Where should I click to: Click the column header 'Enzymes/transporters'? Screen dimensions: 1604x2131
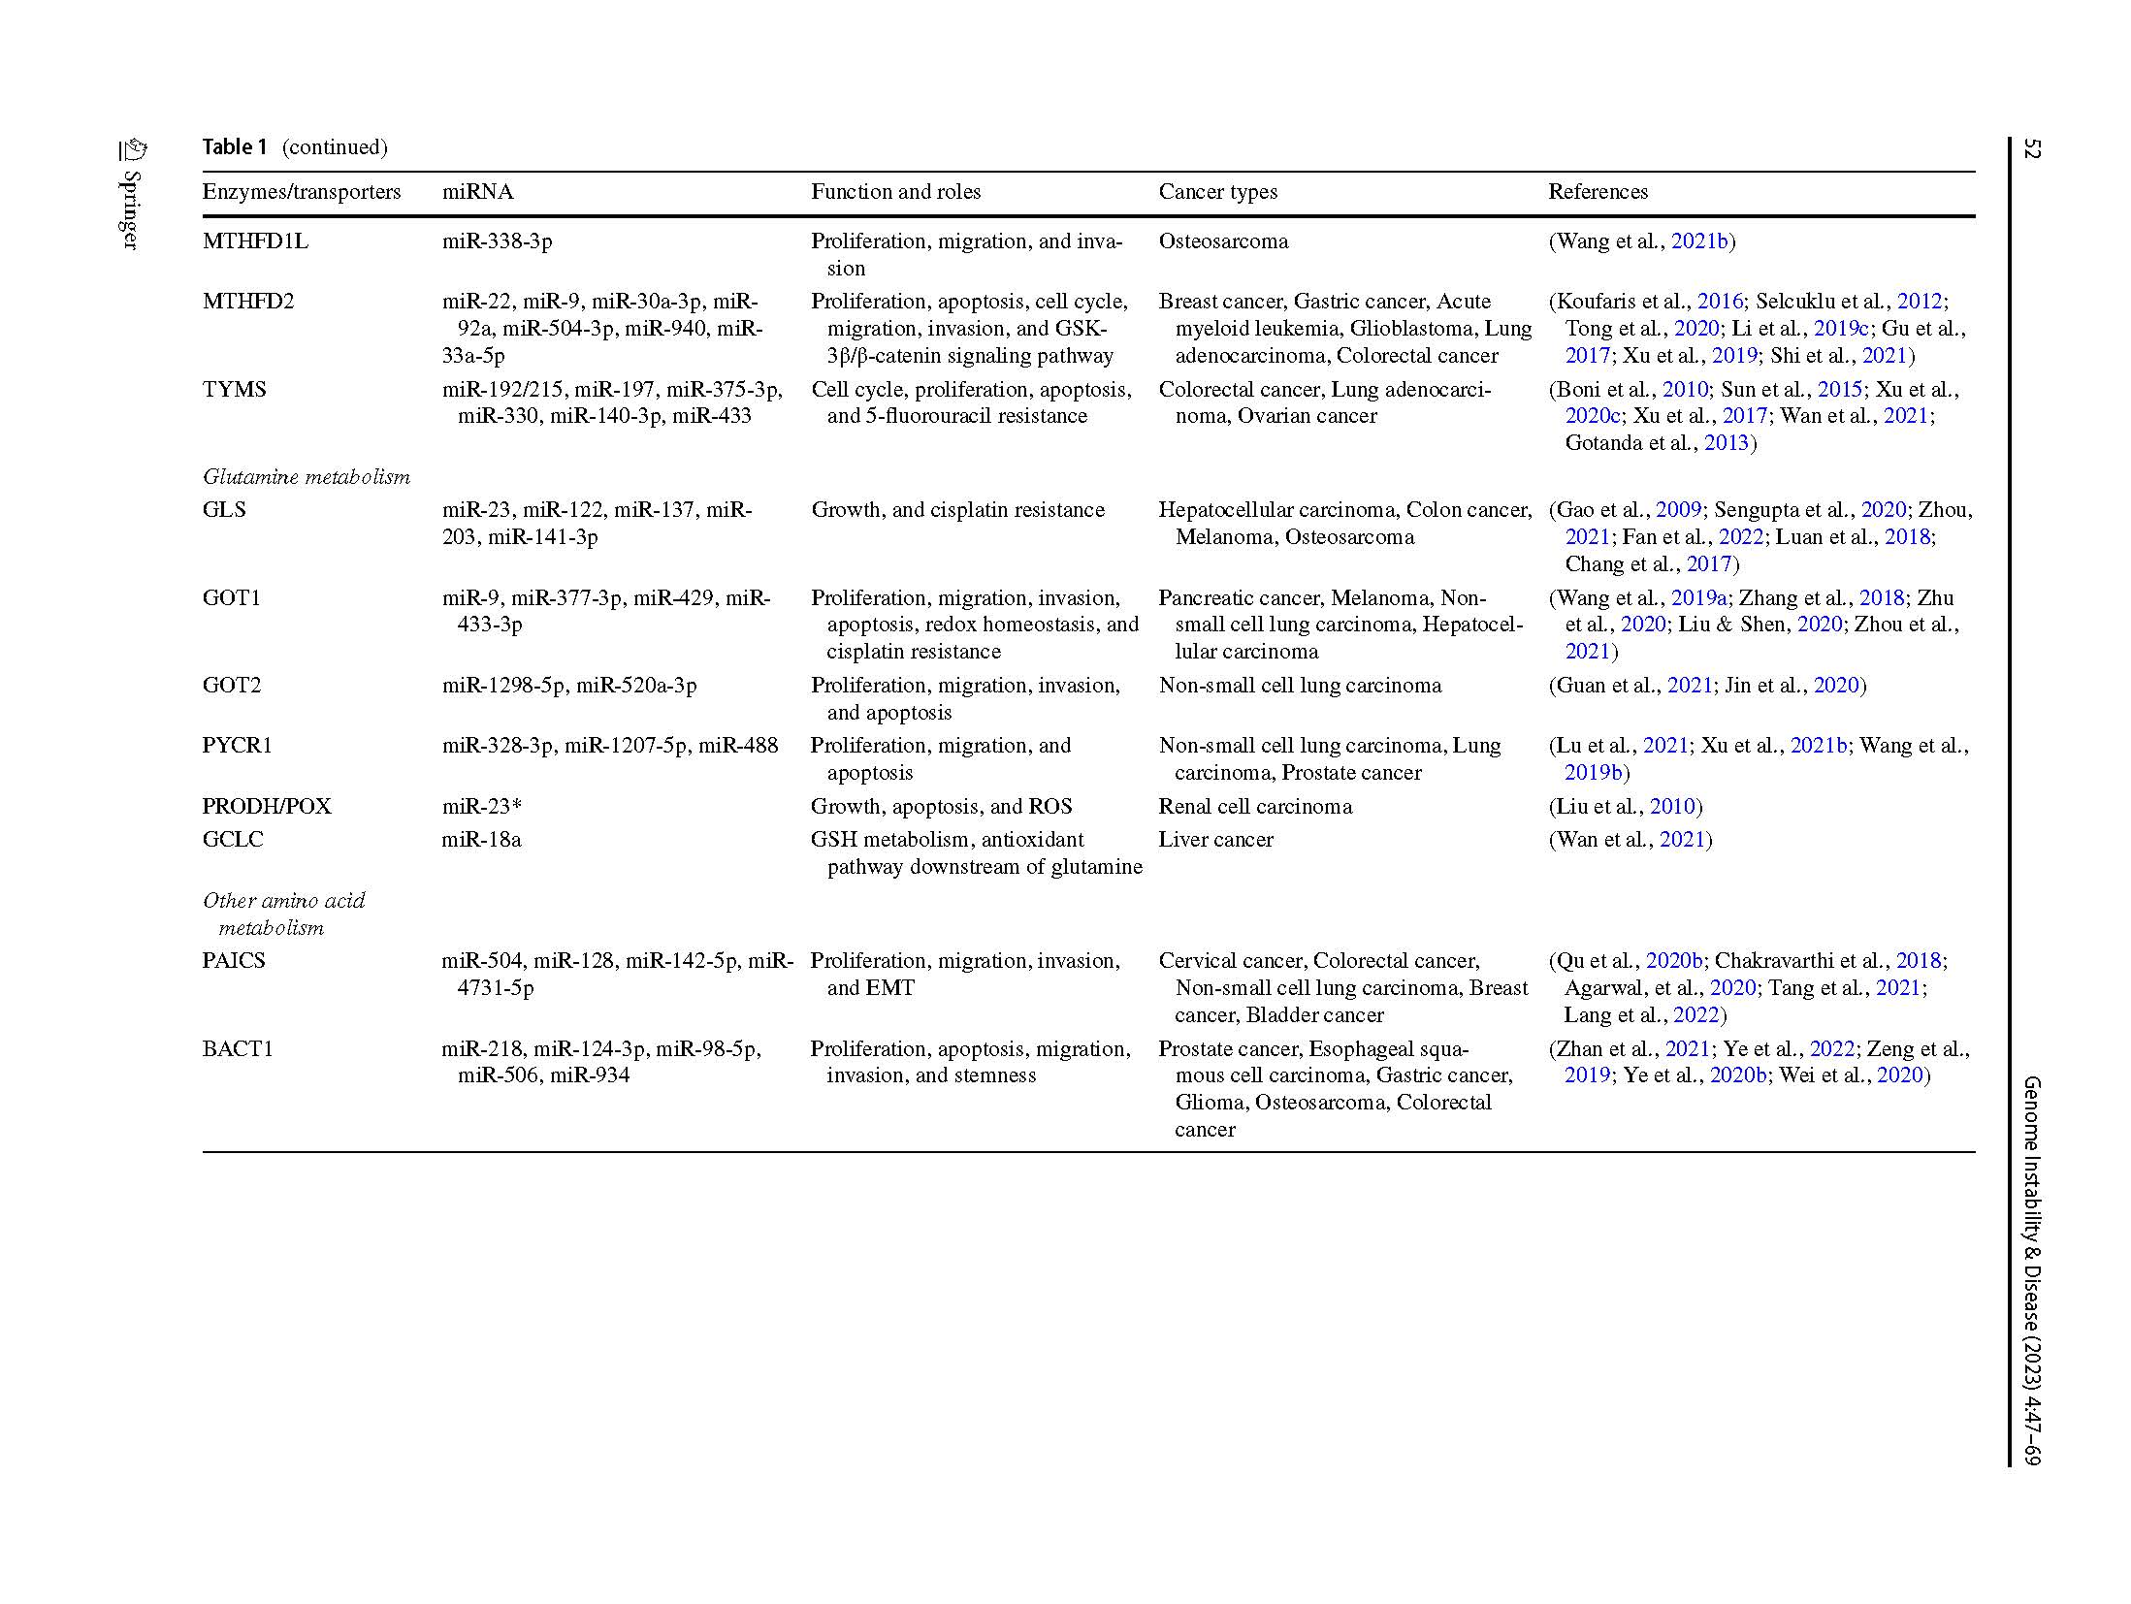(301, 192)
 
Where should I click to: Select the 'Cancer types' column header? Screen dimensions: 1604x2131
(1217, 192)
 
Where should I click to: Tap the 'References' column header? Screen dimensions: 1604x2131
(1598, 192)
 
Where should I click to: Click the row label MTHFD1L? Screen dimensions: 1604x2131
(255, 241)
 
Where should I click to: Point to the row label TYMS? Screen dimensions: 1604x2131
(234, 390)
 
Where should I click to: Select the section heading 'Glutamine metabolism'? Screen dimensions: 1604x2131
(307, 477)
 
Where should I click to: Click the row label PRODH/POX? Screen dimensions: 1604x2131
(267, 807)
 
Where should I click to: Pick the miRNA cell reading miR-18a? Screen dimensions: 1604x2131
(481, 840)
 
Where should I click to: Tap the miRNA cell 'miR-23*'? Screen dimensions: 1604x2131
(482, 807)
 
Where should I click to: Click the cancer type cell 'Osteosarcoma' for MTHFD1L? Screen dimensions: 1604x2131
(1223, 241)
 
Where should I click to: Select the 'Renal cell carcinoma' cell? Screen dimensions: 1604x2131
(1255, 807)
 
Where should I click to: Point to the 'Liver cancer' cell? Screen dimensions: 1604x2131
(1215, 840)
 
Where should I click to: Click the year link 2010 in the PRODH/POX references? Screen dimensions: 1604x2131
(1672, 807)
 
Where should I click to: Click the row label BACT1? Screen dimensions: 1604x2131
(238, 1049)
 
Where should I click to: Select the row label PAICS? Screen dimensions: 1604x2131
(234, 961)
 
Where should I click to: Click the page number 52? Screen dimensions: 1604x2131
(2032, 149)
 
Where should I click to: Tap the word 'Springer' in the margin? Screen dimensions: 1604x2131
(131, 209)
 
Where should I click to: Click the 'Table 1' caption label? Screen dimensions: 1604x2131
(234, 147)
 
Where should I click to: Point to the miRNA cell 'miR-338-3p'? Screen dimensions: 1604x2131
(497, 241)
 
